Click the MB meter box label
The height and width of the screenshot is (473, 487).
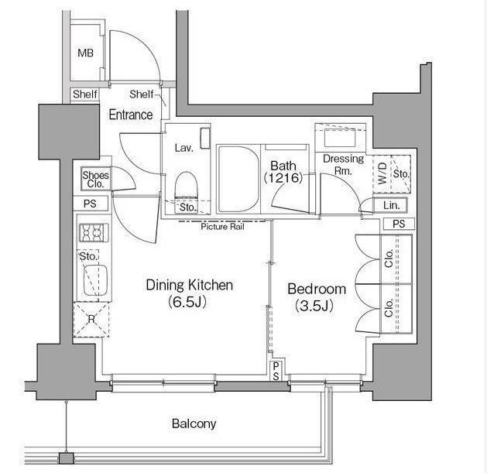pos(85,53)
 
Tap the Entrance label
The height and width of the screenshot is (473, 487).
pos(131,115)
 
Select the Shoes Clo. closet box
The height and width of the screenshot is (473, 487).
pos(96,179)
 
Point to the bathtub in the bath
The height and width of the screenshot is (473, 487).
pos(238,179)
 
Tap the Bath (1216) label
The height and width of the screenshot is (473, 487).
pos(283,172)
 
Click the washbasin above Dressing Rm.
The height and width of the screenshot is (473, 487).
pos(340,138)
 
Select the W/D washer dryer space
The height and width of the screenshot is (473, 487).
pos(382,174)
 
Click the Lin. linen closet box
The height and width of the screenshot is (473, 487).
pos(390,205)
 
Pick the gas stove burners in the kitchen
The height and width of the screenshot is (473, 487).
pos(94,232)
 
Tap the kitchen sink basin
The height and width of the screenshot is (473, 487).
pos(95,280)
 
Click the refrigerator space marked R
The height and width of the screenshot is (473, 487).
pos(91,320)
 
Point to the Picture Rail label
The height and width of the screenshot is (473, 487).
pos(223,227)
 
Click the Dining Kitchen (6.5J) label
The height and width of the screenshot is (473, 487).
pos(189,293)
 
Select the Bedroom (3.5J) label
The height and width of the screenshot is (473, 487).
pos(317,297)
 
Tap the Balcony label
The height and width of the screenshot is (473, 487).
pos(194,423)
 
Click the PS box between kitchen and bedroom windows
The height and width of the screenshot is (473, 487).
pos(276,372)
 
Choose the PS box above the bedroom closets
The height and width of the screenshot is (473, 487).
pos(399,224)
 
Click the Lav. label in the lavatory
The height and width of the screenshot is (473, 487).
pos(183,148)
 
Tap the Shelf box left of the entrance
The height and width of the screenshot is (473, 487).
pos(85,94)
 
